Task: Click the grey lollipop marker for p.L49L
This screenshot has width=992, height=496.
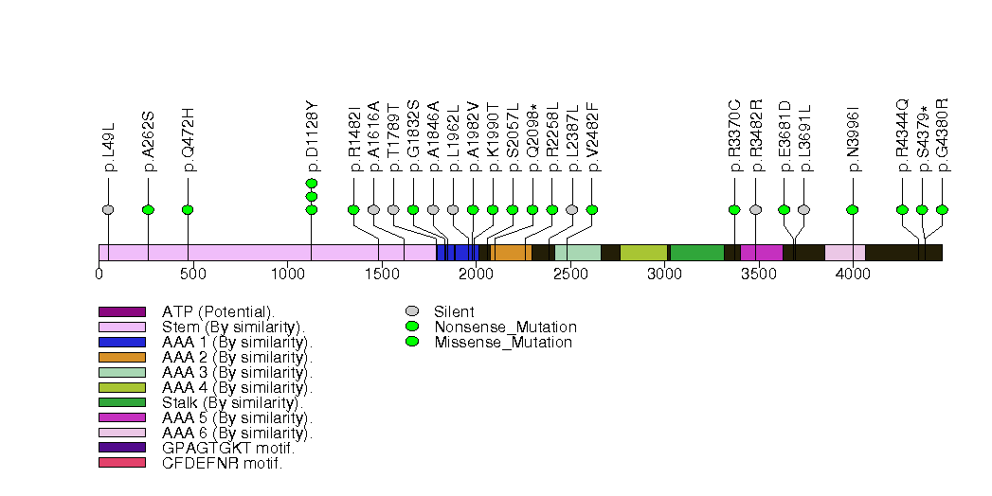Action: point(108,209)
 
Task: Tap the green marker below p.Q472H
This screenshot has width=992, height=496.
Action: point(188,209)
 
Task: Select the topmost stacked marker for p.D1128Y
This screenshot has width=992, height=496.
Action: point(312,183)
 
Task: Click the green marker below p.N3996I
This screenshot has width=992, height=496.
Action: point(853,209)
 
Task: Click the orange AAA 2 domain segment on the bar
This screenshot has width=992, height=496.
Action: point(513,253)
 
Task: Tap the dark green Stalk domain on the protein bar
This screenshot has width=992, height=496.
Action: point(697,253)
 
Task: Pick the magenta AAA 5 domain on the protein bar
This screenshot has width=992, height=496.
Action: point(762,253)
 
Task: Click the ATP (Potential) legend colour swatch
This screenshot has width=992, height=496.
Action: point(121,311)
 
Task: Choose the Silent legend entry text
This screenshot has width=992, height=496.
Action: point(454,311)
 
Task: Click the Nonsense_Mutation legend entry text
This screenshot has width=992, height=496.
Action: point(505,327)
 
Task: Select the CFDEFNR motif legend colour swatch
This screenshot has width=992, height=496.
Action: point(121,462)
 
